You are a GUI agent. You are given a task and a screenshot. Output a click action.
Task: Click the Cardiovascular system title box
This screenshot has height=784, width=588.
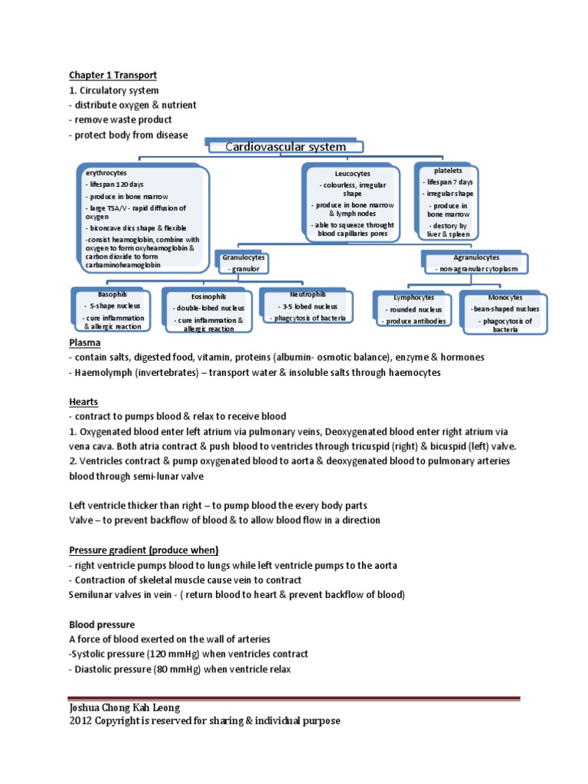coord(284,146)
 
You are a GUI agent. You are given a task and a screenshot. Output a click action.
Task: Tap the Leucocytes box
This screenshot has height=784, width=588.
coord(352,204)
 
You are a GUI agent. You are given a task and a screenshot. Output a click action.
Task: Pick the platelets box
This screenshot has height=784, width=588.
coord(447,202)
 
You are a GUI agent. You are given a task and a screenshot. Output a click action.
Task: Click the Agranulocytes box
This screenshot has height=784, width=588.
coord(476,263)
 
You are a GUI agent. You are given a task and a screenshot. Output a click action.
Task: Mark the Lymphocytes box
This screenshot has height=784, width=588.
coord(413,309)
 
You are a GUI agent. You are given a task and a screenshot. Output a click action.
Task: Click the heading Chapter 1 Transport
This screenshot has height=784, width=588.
coord(113,75)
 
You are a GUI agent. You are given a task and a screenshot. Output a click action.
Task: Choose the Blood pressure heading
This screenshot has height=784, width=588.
coord(102,624)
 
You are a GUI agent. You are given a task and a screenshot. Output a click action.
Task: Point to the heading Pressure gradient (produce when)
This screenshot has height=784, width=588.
coord(144,550)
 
